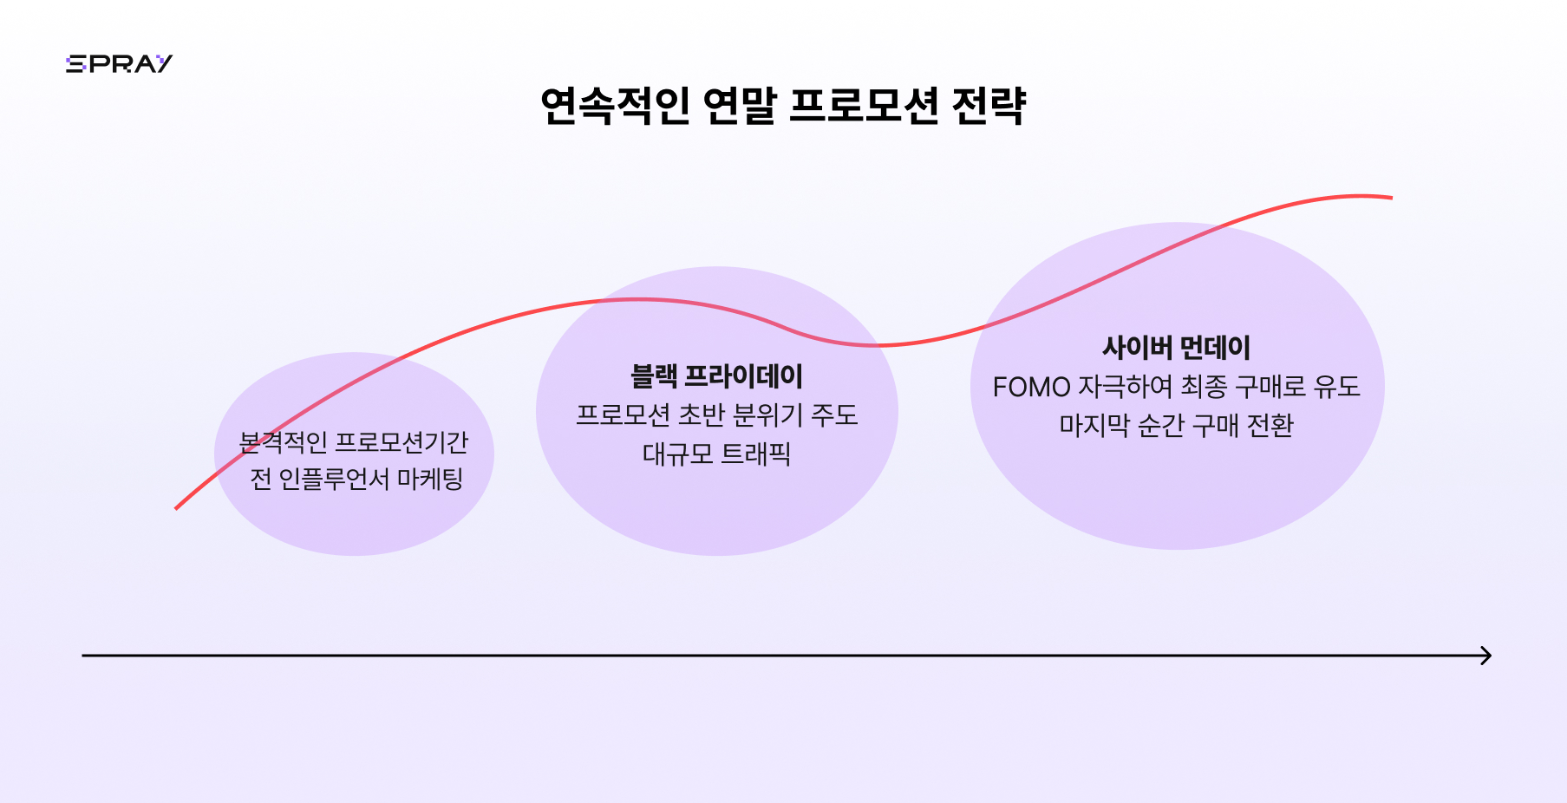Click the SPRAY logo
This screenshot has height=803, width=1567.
119,63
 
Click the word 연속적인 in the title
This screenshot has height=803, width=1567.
615,106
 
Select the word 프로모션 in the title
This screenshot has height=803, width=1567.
864,106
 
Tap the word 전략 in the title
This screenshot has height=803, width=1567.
989,106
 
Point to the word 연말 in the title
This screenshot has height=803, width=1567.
739,106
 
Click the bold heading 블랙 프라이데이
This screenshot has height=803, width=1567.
716,376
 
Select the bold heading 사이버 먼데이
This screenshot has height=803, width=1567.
1176,348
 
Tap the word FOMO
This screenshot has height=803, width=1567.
1031,387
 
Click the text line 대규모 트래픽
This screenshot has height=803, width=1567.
716,454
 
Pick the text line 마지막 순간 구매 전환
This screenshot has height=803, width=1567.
1176,425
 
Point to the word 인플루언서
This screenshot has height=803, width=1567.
334,479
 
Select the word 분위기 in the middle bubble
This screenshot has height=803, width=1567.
768,415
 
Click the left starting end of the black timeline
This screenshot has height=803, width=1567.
83,656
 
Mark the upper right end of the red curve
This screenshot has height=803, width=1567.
1391,198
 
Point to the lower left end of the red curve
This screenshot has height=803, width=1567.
176,508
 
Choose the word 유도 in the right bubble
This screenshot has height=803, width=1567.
1336,387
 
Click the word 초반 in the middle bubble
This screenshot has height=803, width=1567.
701,415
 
